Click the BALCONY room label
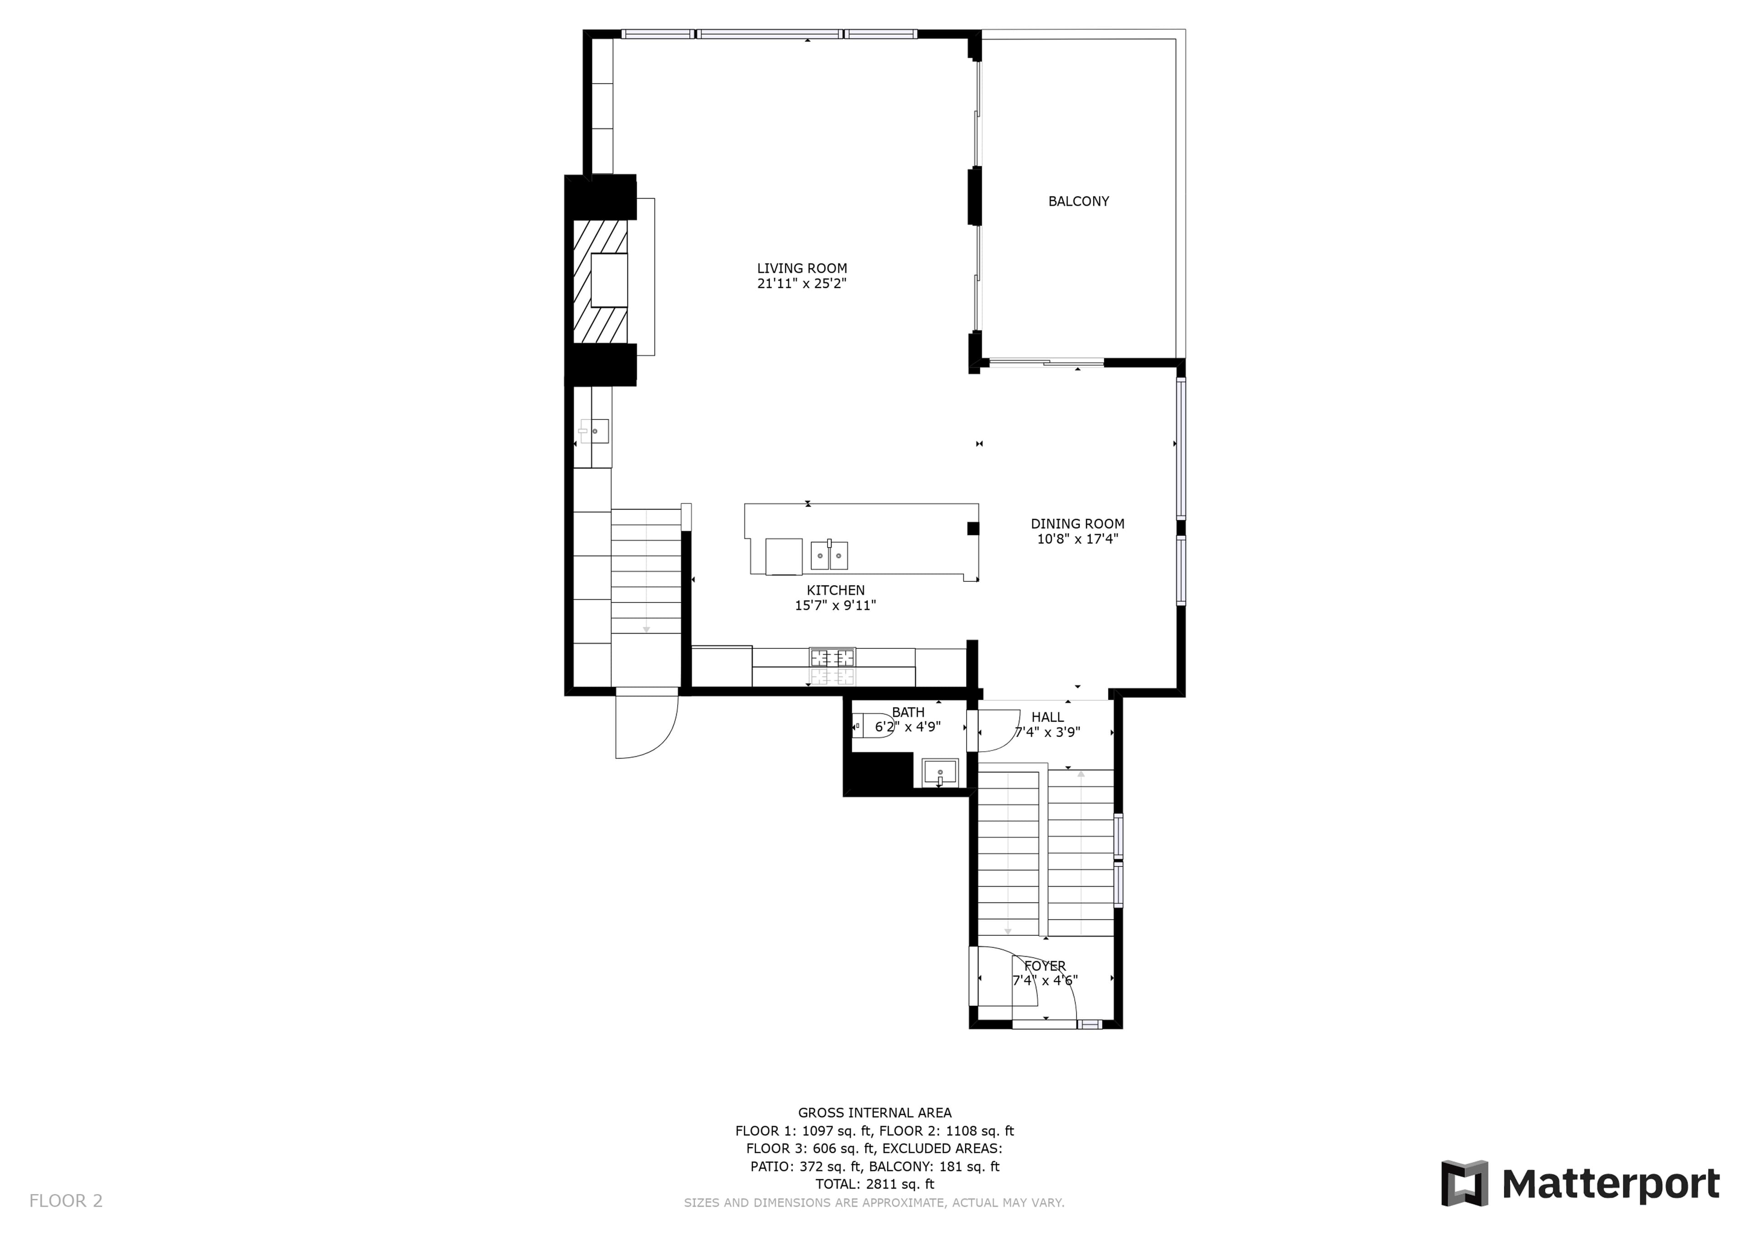(1079, 201)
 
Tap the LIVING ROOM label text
(802, 268)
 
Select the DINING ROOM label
(1078, 524)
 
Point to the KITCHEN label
(835, 590)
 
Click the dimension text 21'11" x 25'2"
(802, 283)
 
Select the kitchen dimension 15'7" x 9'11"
(835, 605)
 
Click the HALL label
(1047, 717)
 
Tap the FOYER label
(1045, 965)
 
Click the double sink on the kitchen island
(829, 555)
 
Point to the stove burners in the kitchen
(832, 657)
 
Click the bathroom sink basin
(940, 773)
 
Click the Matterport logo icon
(1464, 1184)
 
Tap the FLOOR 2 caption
(66, 1201)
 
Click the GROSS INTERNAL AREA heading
(874, 1113)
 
